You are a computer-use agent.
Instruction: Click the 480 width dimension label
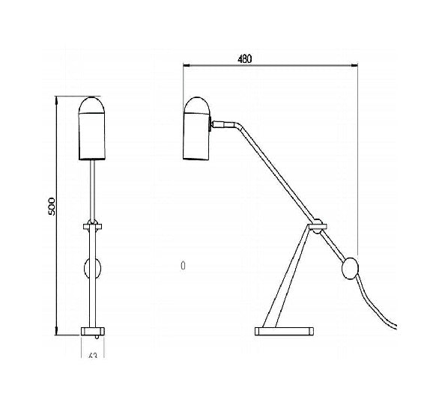coord(244,58)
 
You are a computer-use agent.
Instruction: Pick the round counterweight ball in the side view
coord(351,268)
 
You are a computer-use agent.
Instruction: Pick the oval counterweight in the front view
coord(94,269)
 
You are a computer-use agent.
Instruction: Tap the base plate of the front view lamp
coord(93,329)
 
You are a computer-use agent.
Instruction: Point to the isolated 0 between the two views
coord(183,265)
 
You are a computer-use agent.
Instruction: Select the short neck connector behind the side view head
coord(222,122)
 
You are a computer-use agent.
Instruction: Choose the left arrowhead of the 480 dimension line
coord(186,66)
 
